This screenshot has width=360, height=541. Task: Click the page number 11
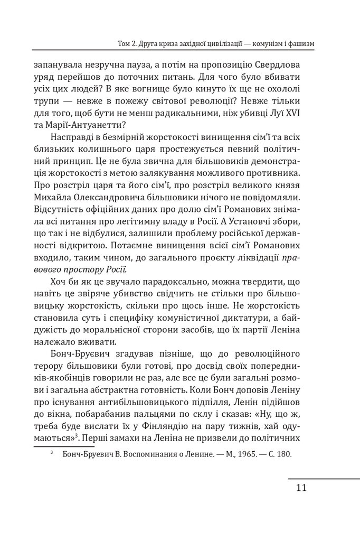coord(298,487)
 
